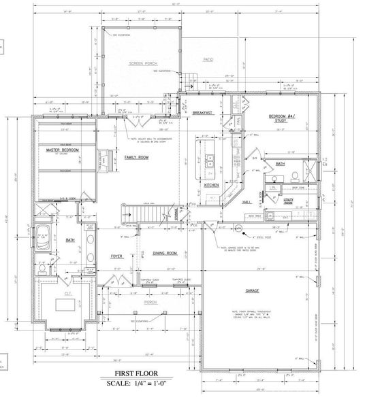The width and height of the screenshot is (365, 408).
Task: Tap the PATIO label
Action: coord(208,60)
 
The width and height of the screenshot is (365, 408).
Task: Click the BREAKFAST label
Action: coord(203,113)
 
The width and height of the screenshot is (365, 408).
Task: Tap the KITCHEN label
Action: coord(211,184)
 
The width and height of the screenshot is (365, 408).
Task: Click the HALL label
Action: coord(247,201)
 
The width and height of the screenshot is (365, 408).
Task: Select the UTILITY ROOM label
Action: coord(288,201)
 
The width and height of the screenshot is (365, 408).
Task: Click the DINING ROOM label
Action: coord(164,253)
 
